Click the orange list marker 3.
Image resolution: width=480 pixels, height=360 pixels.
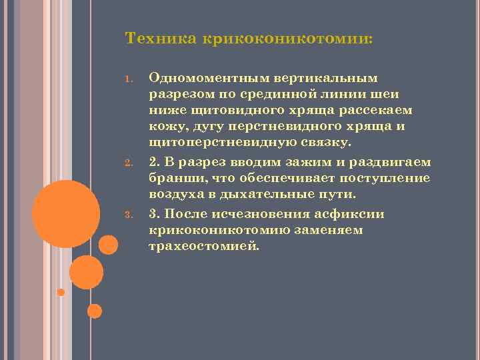[127, 214]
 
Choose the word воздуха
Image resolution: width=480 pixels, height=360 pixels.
[176, 195]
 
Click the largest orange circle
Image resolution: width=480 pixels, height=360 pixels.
[66, 213]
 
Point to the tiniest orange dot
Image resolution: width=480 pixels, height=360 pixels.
[61, 292]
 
